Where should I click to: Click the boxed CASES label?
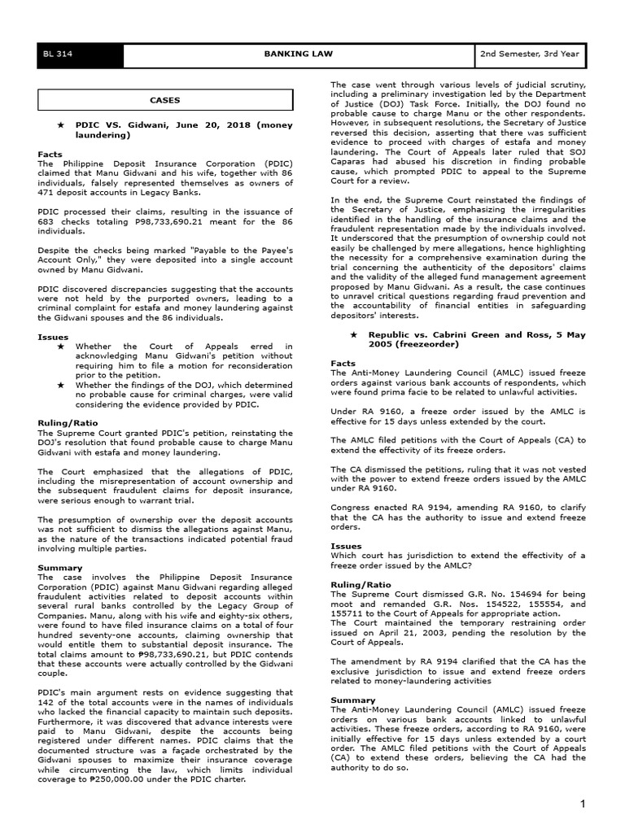164,101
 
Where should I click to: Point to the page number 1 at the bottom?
583,805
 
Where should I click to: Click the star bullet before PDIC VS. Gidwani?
60,127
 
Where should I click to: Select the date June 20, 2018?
196,127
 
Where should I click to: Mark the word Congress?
351,506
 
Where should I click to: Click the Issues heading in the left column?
52,336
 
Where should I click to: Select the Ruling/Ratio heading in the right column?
361,584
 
